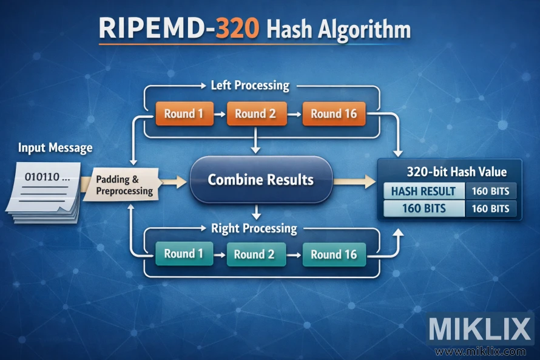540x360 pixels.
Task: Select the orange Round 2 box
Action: coord(255,114)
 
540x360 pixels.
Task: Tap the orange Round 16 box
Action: coord(334,114)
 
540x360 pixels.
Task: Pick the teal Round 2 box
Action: coord(254,254)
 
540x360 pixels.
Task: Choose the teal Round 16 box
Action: coord(334,254)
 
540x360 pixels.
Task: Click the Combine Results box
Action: coord(261,180)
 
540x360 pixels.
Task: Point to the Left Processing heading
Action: coord(249,86)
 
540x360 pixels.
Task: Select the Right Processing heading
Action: coord(254,228)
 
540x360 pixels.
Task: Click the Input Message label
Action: coord(55,148)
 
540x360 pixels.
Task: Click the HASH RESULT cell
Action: coord(423,191)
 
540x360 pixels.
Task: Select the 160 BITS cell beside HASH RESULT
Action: coord(490,191)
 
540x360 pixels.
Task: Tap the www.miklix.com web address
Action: coord(480,351)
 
